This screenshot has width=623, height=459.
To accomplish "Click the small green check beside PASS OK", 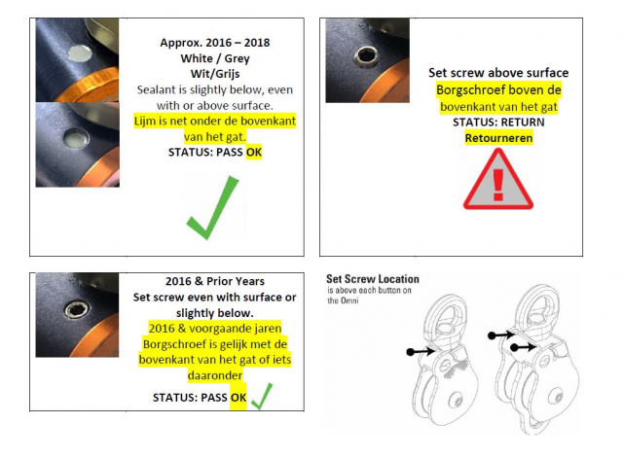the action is click(262, 396).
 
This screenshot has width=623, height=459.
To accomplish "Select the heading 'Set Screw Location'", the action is click(373, 279).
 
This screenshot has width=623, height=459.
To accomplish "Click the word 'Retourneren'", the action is click(498, 138).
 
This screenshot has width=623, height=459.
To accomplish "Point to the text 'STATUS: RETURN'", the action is click(498, 123).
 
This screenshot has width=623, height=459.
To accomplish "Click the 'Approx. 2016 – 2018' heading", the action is click(215, 43).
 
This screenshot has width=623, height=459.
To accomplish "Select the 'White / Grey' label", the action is click(215, 58).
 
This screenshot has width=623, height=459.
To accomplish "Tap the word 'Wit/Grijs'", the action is click(215, 74).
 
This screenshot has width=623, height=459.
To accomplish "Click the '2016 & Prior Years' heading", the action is click(215, 281).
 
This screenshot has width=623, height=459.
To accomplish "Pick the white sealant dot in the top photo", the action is click(80, 53).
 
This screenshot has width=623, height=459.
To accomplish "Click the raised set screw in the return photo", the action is click(366, 55).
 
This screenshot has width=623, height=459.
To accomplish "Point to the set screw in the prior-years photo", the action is click(77, 309).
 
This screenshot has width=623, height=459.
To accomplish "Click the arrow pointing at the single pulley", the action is click(421, 351).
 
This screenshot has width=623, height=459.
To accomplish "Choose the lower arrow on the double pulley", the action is click(524, 347).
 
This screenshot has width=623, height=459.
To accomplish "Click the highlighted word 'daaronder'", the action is click(215, 375).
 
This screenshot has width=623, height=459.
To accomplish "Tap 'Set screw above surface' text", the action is click(498, 73).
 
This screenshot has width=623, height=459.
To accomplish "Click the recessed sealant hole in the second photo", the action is click(76, 139).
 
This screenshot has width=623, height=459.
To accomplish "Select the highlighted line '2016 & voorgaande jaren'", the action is click(215, 329).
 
